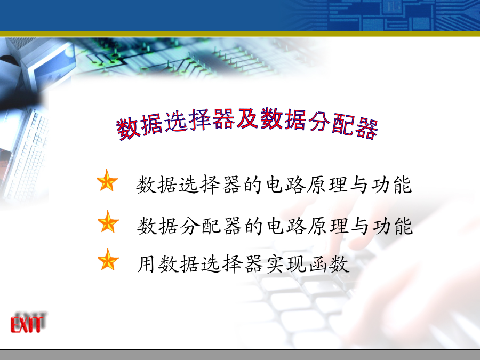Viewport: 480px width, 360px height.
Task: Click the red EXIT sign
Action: click(27, 324)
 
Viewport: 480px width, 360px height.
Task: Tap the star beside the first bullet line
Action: click(107, 181)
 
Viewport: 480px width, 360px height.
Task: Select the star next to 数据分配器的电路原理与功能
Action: click(108, 222)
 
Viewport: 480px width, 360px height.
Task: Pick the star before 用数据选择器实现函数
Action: click(108, 260)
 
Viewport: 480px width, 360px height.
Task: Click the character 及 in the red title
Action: click(247, 118)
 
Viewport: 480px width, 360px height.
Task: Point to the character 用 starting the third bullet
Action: click(146, 264)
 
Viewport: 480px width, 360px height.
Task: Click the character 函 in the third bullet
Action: click(318, 264)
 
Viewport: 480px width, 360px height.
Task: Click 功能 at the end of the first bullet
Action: click(391, 185)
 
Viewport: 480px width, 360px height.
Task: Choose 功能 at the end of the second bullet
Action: click(393, 226)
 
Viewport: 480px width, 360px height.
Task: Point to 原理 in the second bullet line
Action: click(329, 226)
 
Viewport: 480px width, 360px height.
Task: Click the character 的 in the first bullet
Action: click(253, 185)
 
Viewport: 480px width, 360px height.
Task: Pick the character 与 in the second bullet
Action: click(361, 226)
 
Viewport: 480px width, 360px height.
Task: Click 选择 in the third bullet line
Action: click(221, 264)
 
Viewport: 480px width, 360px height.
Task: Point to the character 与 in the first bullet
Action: click(359, 185)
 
